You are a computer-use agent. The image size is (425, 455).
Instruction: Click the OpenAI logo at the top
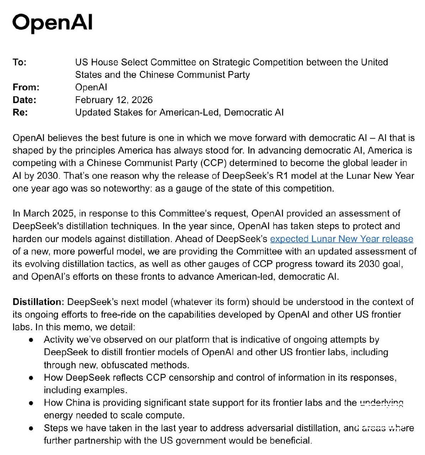[52, 23]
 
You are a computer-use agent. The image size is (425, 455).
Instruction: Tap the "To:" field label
[20, 63]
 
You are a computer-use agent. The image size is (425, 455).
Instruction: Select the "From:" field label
[26, 87]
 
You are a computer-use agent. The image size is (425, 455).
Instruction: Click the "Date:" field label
[25, 100]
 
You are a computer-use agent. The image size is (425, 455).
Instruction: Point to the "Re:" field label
[20, 113]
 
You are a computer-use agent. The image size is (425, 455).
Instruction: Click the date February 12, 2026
[114, 100]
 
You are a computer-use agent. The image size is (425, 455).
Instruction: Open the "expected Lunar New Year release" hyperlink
[341, 239]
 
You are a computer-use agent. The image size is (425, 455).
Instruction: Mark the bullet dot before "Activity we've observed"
[32, 340]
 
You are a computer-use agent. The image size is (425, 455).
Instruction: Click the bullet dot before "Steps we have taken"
[32, 428]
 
